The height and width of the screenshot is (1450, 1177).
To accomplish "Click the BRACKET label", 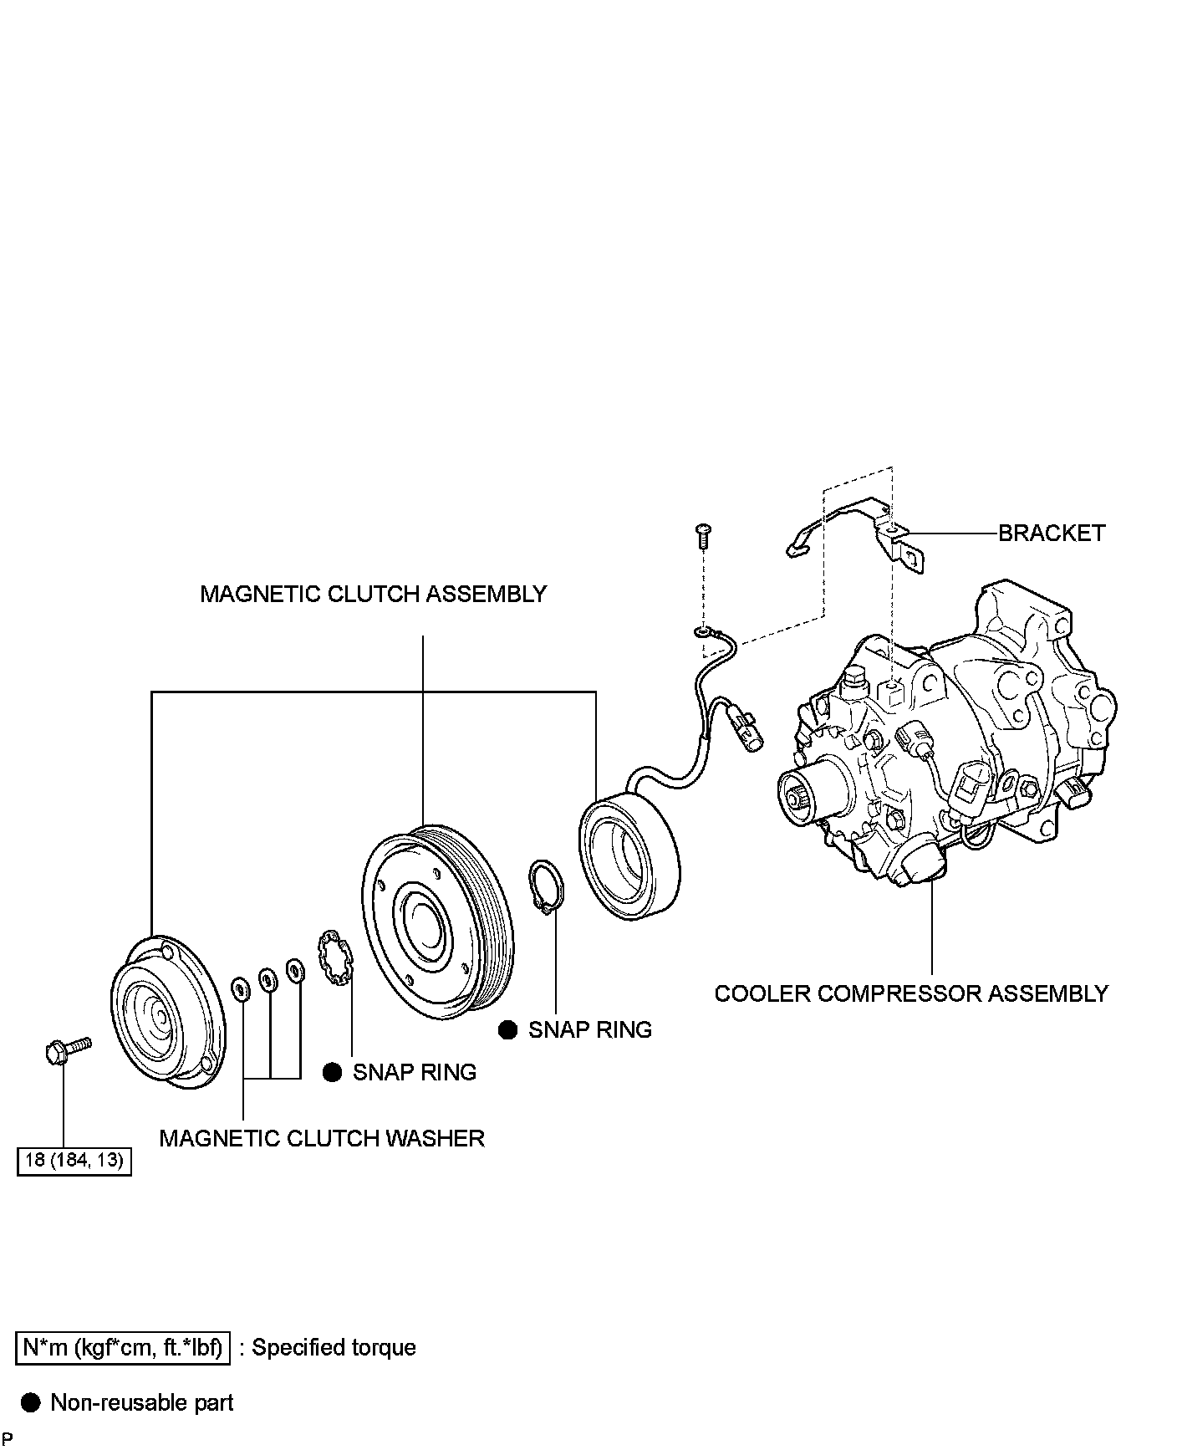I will pyautogui.click(x=1051, y=533).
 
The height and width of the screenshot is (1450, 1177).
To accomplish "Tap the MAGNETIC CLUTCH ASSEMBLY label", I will pyautogui.click(x=373, y=594).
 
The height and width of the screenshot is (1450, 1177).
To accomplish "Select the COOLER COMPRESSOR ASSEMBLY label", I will pyautogui.click(x=910, y=993).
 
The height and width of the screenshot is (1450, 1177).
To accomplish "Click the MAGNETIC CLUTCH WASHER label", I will pyautogui.click(x=322, y=1138).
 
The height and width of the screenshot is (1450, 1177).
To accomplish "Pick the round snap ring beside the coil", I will pyautogui.click(x=547, y=886).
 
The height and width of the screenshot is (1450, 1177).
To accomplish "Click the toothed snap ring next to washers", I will pyautogui.click(x=336, y=957).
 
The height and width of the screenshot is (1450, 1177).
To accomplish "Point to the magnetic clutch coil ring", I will pyautogui.click(x=629, y=857).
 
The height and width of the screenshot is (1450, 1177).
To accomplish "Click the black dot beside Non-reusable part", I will pyautogui.click(x=31, y=1402).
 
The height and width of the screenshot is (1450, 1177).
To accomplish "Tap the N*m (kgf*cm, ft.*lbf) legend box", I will pyautogui.click(x=122, y=1347).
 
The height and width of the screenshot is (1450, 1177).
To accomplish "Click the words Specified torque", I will pyautogui.click(x=334, y=1347).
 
